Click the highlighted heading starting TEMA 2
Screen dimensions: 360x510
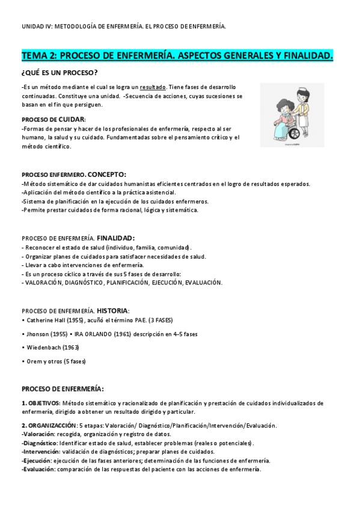coord(177,56)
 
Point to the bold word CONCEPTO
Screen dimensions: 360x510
coord(106,174)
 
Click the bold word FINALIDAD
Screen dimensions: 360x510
coord(115,238)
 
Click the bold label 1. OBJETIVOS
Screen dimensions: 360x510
coord(40,403)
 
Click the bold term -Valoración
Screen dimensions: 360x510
coord(37,434)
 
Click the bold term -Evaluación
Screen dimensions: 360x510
coord(38,469)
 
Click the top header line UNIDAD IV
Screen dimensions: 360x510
coord(124,26)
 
